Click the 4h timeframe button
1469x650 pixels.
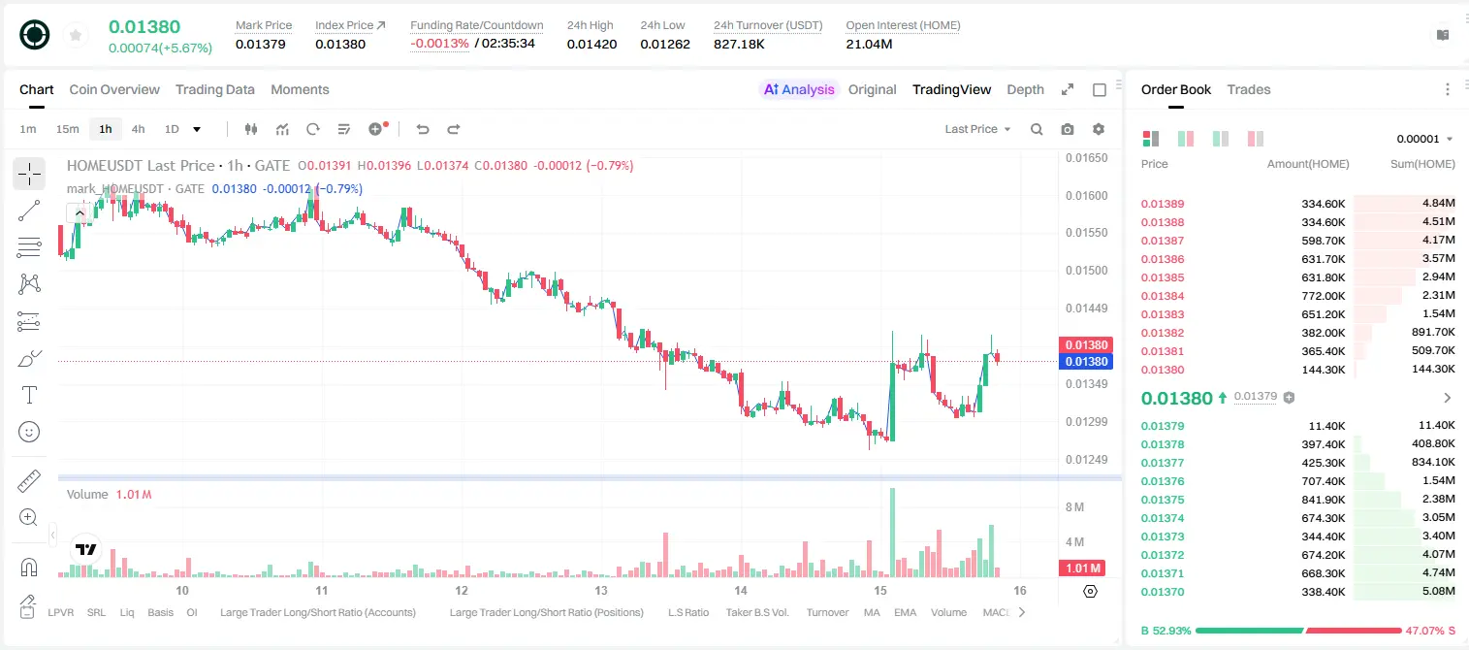[x=138, y=129]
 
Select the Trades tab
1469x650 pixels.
[x=1249, y=89]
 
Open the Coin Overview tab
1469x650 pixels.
[x=114, y=89]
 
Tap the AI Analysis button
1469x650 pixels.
[x=799, y=89]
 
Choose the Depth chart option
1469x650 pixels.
[x=1025, y=89]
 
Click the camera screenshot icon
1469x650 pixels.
[x=1068, y=129]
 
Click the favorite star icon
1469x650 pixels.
[x=76, y=35]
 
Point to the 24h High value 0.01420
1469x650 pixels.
[x=591, y=44]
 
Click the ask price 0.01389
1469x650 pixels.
[x=1162, y=204]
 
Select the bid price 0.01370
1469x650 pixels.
[x=1162, y=592]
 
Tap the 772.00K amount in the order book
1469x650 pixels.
[x=1323, y=296]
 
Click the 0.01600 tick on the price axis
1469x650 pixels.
[x=1086, y=195]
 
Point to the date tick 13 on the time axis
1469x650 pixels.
[x=601, y=590]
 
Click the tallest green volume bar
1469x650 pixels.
[x=892, y=533]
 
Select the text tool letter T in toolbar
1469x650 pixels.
[x=29, y=395]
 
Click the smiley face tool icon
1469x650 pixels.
[x=29, y=432]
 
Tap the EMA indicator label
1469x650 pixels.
[x=905, y=612]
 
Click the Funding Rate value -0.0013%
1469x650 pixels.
[x=439, y=44]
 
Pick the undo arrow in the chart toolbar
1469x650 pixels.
[x=423, y=129]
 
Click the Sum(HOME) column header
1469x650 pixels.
[x=1422, y=164]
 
